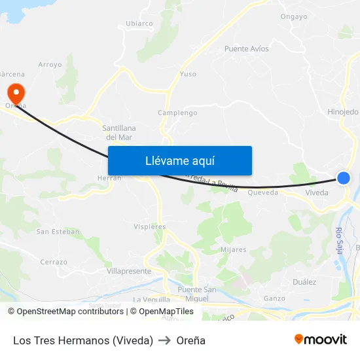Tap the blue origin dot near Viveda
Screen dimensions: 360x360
pos(344,177)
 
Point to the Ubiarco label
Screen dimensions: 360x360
pos(139,24)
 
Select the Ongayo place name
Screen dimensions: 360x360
pos(293,17)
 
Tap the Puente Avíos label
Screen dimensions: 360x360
pos(246,48)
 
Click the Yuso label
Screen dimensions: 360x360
pos(188,74)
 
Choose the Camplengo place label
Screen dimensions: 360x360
pos(177,113)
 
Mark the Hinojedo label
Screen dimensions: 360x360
pos(343,112)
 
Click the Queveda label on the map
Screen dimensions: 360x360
pos(262,192)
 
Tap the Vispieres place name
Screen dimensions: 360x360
pos(151,226)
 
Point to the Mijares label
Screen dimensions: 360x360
pos(234,249)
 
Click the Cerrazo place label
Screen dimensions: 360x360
pos(54,262)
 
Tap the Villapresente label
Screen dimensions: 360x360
pos(129,271)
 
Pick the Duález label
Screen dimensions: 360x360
pos(304,282)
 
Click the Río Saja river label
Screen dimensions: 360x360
pos(339,240)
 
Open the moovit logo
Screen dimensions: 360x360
pos(321,339)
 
